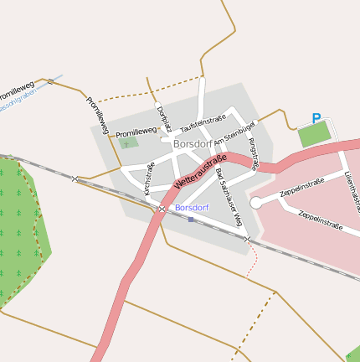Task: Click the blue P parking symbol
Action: pyautogui.click(x=316, y=119)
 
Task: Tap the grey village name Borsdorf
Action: pyautogui.click(x=193, y=143)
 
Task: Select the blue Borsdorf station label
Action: pyautogui.click(x=192, y=207)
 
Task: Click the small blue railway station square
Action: pyautogui.click(x=191, y=220)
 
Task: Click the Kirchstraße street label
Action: pyautogui.click(x=150, y=178)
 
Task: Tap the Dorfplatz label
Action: pyautogui.click(x=164, y=118)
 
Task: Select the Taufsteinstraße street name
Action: pyautogui.click(x=203, y=123)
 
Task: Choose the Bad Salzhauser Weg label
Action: pyautogui.click(x=229, y=197)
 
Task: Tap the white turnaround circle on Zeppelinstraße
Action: pyautogui.click(x=256, y=202)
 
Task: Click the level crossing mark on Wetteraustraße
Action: pyautogui.click(x=162, y=209)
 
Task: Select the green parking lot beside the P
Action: pyautogui.click(x=315, y=134)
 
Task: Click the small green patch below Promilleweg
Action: pyautogui.click(x=127, y=143)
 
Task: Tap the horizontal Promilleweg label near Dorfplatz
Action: pyautogui.click(x=136, y=132)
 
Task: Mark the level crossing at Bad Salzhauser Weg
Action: pyautogui.click(x=247, y=240)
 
